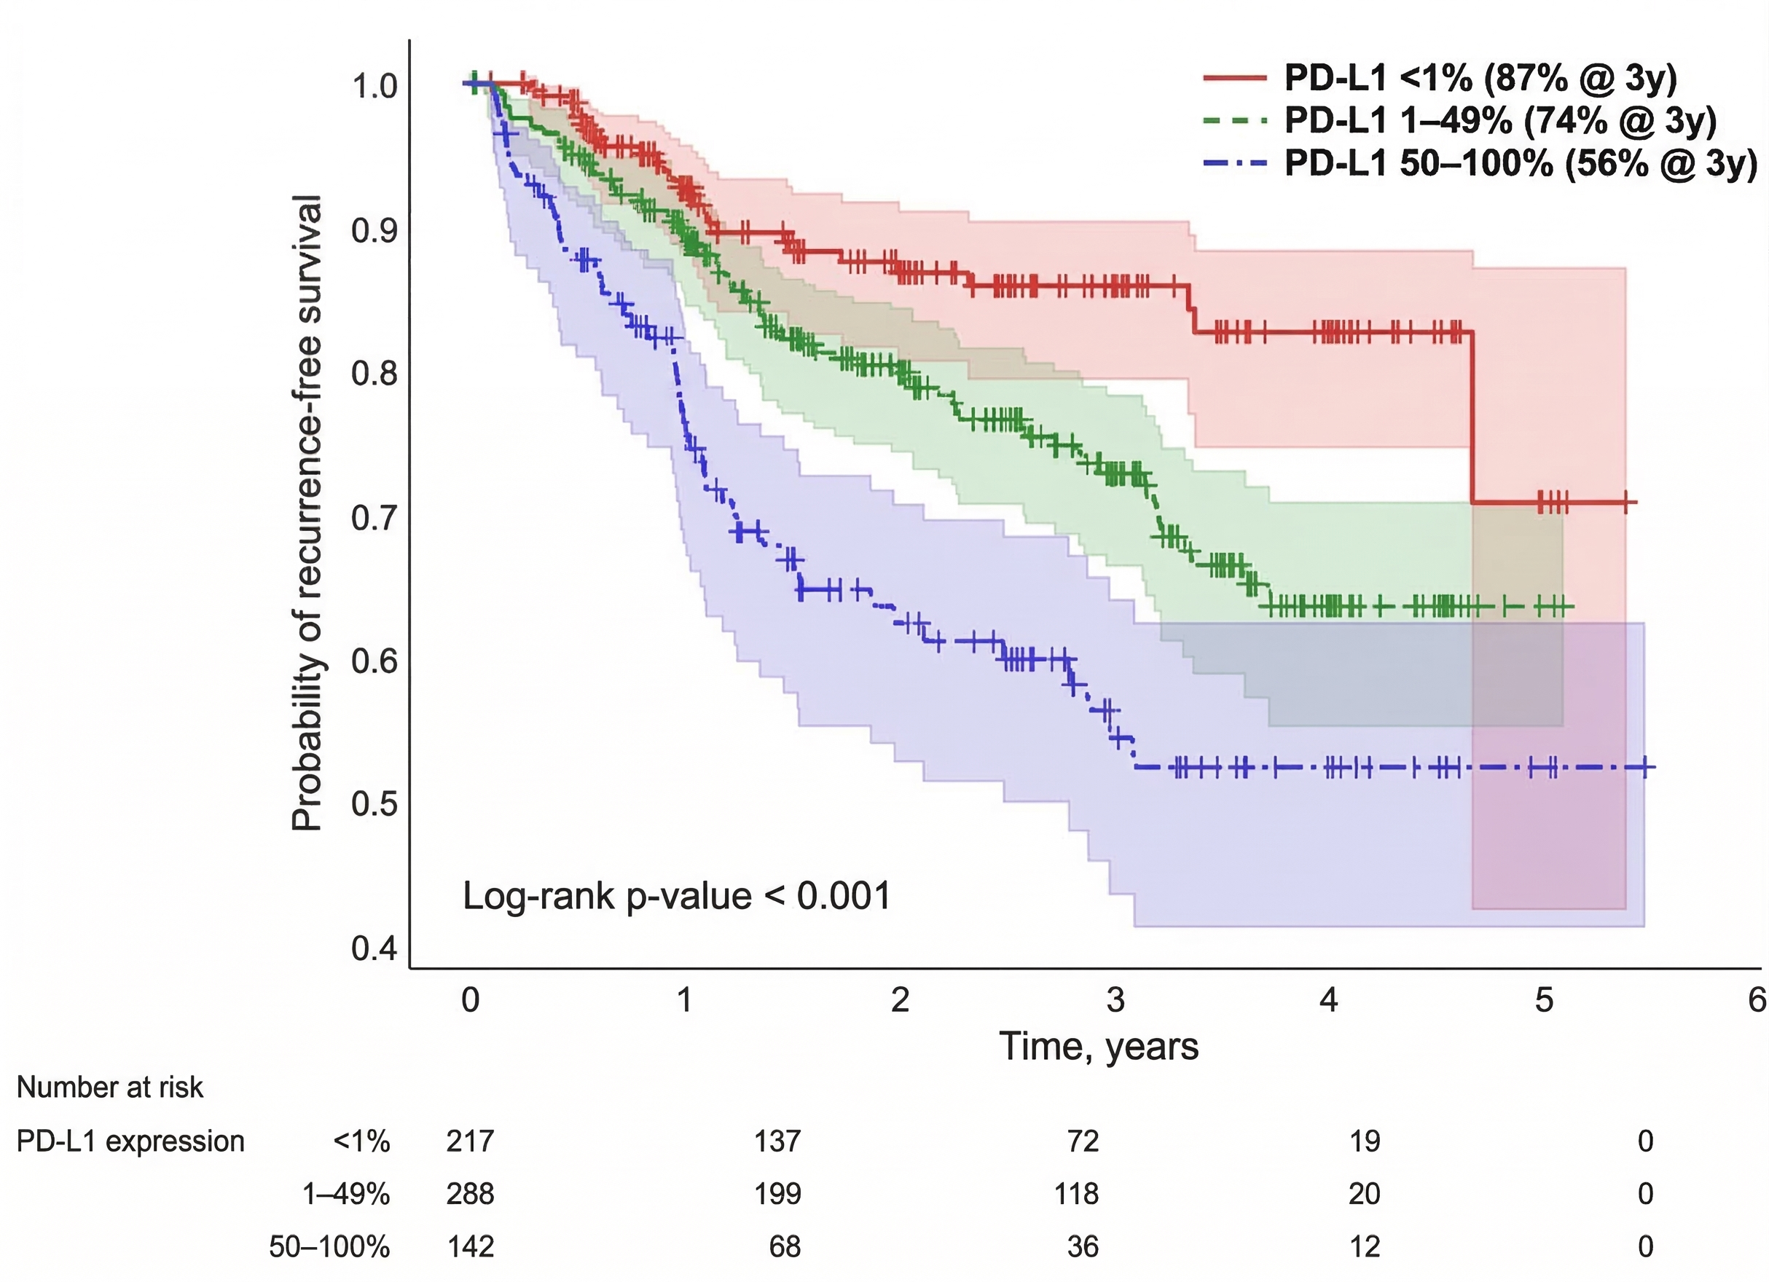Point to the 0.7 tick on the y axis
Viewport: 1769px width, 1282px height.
point(374,517)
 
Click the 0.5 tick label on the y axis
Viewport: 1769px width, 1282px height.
point(374,803)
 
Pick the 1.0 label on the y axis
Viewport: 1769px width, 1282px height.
point(374,86)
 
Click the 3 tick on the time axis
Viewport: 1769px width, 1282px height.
point(1115,999)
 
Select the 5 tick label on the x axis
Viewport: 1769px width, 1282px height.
point(1545,999)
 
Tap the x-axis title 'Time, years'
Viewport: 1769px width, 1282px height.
point(1098,1047)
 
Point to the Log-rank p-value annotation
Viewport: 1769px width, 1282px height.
point(676,896)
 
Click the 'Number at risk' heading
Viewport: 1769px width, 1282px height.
point(110,1087)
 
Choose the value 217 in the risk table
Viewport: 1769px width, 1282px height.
point(471,1141)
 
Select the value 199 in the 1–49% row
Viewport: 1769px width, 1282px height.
point(777,1193)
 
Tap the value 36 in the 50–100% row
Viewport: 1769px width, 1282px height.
point(1083,1246)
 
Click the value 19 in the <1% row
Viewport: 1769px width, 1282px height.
point(1364,1141)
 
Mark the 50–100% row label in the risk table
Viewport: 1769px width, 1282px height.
point(329,1246)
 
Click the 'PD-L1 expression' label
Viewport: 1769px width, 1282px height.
point(130,1141)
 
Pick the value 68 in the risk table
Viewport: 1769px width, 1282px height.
point(785,1246)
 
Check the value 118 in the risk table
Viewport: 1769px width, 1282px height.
point(1076,1193)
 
